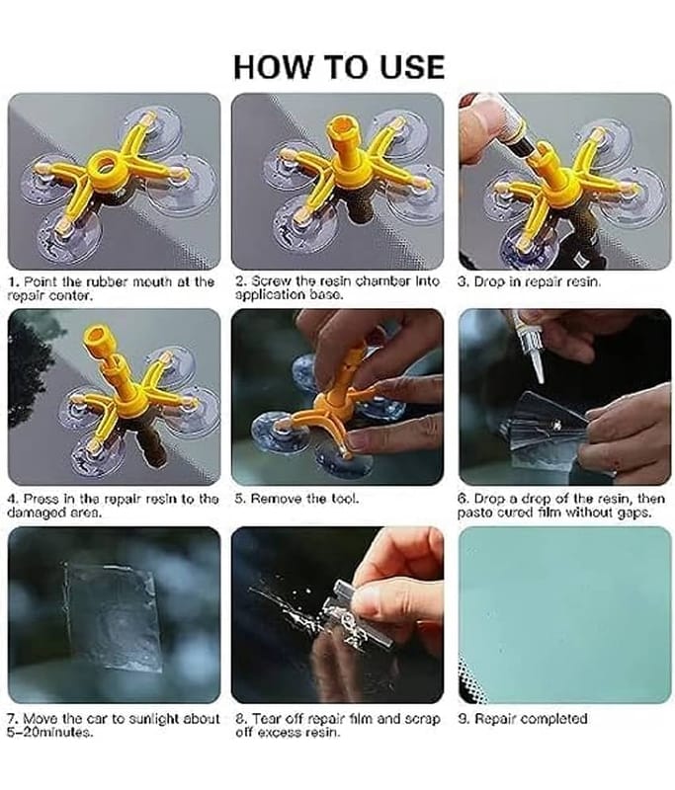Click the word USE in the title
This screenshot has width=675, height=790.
[412, 67]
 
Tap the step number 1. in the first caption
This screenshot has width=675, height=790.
[13, 281]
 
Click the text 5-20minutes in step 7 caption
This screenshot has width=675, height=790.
[49, 733]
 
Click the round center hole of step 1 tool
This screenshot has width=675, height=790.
[105, 164]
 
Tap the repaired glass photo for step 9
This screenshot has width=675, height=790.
[564, 614]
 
